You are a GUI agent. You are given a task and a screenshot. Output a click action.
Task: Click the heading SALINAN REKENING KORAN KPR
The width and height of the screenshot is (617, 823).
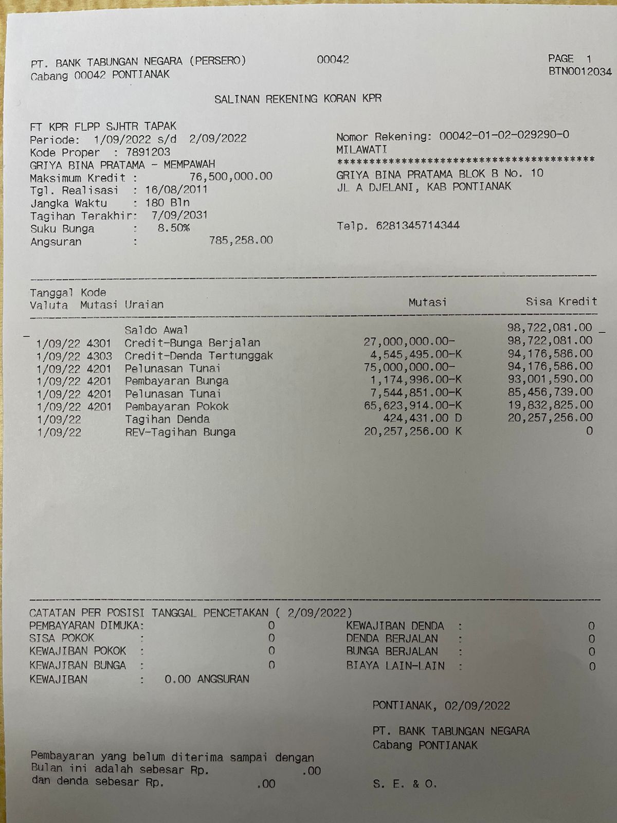point(298,99)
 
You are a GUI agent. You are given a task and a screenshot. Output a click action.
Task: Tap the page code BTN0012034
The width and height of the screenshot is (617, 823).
point(580,71)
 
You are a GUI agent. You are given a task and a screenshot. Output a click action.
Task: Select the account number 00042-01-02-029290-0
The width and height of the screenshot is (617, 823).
point(504,136)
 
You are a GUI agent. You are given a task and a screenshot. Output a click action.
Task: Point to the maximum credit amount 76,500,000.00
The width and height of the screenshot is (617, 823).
point(231,177)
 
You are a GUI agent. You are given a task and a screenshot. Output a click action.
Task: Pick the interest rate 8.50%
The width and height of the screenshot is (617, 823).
point(173,228)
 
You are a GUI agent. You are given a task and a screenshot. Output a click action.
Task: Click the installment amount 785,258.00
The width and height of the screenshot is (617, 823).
point(241,240)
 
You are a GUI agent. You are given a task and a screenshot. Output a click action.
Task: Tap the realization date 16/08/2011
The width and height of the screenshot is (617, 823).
point(176,190)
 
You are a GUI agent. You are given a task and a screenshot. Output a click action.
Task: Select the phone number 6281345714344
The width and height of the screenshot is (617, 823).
point(418,226)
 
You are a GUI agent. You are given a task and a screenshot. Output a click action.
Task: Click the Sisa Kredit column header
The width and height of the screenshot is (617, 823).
point(561,302)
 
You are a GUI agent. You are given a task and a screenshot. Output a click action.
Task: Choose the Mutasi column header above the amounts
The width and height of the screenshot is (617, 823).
point(427,302)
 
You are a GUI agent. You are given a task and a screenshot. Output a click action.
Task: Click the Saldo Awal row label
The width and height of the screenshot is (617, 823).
point(156,330)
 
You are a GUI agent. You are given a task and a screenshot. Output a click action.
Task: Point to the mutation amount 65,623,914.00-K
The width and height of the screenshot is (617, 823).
point(413,406)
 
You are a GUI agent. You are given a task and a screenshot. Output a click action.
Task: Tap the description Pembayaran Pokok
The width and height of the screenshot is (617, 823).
point(177,406)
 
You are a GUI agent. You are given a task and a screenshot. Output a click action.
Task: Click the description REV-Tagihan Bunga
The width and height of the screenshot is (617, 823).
point(180,432)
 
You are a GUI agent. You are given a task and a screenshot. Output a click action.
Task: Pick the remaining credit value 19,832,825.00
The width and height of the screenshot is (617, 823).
point(550,405)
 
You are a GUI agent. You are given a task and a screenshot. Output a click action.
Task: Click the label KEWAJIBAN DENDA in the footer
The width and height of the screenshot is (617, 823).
point(395,626)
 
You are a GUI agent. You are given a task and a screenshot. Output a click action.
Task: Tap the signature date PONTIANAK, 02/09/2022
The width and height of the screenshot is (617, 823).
point(441,706)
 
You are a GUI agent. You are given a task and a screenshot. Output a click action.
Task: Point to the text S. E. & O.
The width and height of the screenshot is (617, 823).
point(405,784)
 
